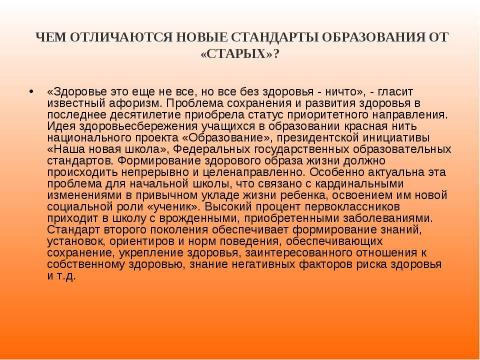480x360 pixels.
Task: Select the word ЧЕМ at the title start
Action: [51, 37]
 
